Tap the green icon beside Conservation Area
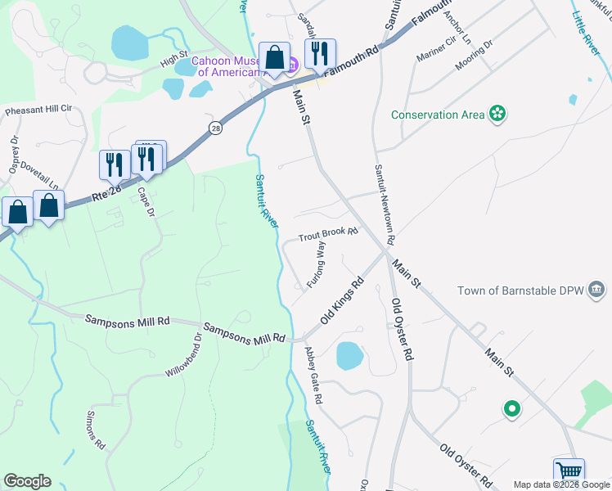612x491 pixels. click(497, 114)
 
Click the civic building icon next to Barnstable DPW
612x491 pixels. click(597, 290)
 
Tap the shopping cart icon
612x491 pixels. click(569, 472)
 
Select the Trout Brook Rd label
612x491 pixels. click(328, 235)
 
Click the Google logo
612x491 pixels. click(27, 481)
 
